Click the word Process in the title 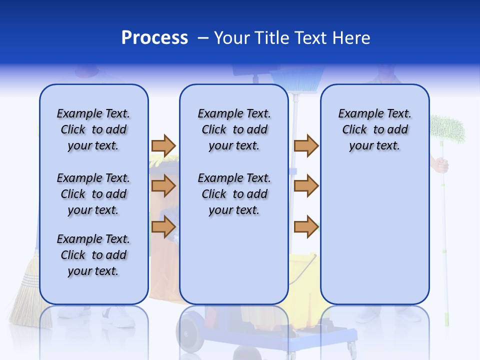(x=154, y=38)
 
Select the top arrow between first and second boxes (x=163, y=145)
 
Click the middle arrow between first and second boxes (x=163, y=186)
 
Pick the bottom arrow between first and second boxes (x=163, y=226)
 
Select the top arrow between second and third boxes (x=306, y=145)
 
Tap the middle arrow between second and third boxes (x=306, y=186)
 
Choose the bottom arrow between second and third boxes (x=306, y=226)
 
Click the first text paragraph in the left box (x=93, y=129)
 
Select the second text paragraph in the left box (x=93, y=194)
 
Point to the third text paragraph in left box (x=93, y=255)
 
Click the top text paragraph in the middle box (x=234, y=129)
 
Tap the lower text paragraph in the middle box (x=234, y=194)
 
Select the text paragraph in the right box (x=374, y=129)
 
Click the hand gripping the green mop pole (x=440, y=164)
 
